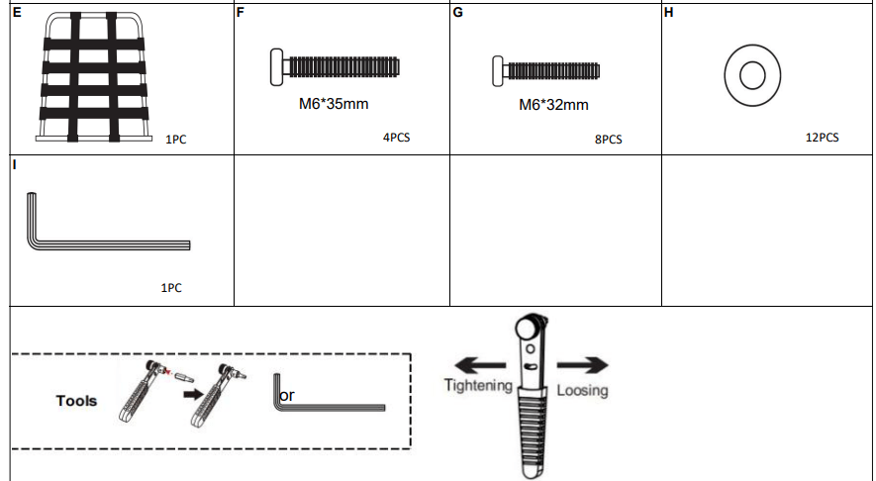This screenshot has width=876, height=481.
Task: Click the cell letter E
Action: click(x=17, y=14)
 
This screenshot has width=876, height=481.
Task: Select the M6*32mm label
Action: click(x=553, y=104)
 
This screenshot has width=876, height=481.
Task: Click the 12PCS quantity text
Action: click(x=822, y=138)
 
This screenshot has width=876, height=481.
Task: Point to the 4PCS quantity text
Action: click(x=396, y=138)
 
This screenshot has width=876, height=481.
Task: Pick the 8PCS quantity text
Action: click(x=608, y=140)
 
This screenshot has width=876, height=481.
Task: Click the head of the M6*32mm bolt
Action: click(x=498, y=71)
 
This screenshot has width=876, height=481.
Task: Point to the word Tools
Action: click(x=76, y=401)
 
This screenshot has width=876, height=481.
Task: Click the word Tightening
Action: click(x=477, y=385)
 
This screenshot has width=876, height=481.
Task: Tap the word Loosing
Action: click(x=582, y=390)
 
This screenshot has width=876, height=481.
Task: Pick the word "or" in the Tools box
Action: click(x=287, y=396)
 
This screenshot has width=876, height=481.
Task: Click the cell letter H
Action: click(x=668, y=14)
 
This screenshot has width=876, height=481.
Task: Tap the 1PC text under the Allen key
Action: click(x=170, y=288)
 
